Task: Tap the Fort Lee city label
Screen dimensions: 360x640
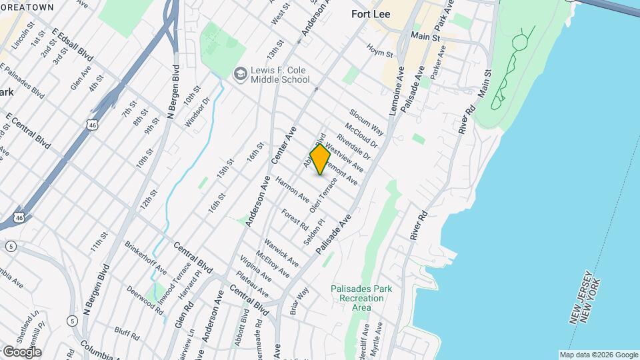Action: coord(371,13)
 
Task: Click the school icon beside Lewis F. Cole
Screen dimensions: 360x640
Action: coord(239,73)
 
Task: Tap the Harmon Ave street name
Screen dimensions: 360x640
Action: coord(293,189)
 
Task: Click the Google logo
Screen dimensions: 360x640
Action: coord(21,352)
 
